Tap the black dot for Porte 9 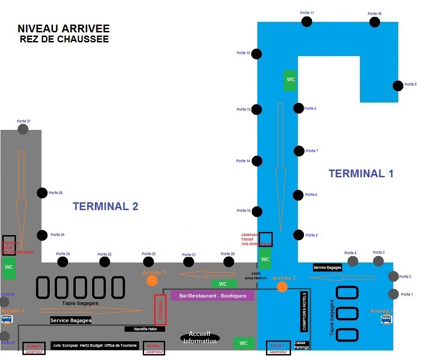[x=398, y=86]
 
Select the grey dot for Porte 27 [x=23, y=129]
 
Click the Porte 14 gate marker [x=257, y=161]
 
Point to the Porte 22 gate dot [x=148, y=262]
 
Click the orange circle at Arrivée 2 [x=282, y=287]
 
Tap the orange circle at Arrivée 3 [x=152, y=281]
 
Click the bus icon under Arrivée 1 [x=386, y=319]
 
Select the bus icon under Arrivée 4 [x=7, y=319]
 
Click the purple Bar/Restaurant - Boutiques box [x=212, y=296]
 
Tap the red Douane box [x=160, y=309]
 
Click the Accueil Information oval [x=200, y=338]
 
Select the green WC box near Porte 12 [x=290, y=80]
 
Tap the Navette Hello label [x=145, y=329]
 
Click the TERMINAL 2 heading [x=105, y=206]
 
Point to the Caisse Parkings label [x=302, y=345]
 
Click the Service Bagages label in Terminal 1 [x=328, y=267]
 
